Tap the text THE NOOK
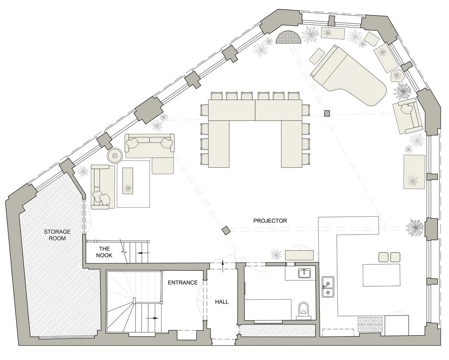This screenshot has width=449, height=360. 104,252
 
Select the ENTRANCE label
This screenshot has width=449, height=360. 182,283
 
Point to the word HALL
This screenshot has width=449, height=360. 222,302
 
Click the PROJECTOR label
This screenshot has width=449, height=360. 270,221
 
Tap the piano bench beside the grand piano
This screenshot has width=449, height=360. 317,56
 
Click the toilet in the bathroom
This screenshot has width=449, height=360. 304,310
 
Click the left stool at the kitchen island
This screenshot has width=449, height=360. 384,257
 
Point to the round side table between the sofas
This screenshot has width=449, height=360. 114,156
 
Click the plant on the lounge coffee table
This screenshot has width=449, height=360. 128,187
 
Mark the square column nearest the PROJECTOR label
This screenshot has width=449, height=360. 226,231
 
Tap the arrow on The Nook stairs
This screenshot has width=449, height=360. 143,253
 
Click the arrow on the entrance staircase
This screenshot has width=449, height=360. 154,317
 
